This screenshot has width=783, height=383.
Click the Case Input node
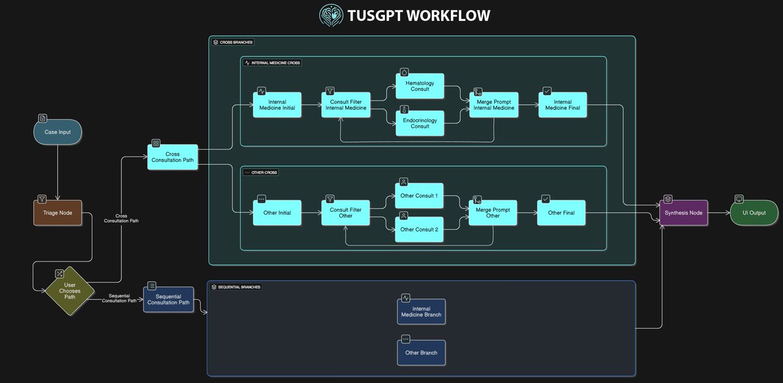click(x=58, y=133)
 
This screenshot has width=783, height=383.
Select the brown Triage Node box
click(x=58, y=212)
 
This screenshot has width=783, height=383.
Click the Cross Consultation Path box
click(x=172, y=158)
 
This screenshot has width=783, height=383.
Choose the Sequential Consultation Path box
click(x=168, y=299)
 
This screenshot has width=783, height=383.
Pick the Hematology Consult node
click(x=420, y=86)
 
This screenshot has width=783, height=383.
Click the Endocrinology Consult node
click(x=420, y=123)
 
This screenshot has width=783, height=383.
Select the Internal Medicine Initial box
click(x=277, y=105)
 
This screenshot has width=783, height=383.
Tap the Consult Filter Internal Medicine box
click(x=346, y=105)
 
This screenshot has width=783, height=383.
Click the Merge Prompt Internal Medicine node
click(x=494, y=105)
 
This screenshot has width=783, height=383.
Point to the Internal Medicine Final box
click(x=562, y=105)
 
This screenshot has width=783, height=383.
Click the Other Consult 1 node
click(x=420, y=196)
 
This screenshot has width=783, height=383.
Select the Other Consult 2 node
click(x=420, y=229)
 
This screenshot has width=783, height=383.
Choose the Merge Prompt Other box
click(x=493, y=212)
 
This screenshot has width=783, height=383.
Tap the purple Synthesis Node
click(x=683, y=212)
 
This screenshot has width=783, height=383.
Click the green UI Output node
click(x=754, y=212)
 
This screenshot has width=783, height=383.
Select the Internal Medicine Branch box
click(x=421, y=312)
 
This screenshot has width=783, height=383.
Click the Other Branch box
click(x=421, y=352)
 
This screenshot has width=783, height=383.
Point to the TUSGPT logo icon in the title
click(x=330, y=15)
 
